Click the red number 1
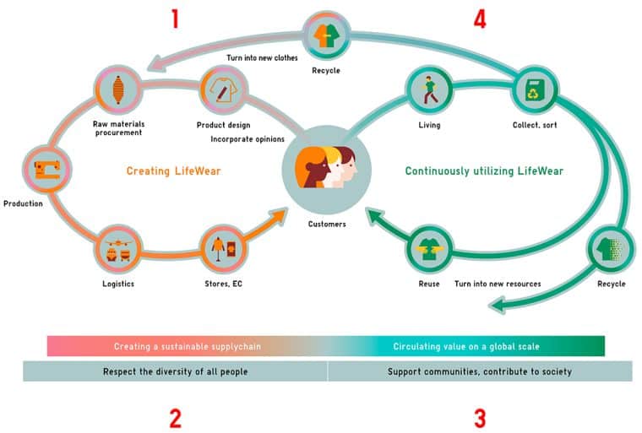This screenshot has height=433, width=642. [175, 19]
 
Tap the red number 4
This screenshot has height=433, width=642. [479, 19]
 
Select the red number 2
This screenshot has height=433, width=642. [175, 418]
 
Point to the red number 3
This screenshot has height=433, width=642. [479, 418]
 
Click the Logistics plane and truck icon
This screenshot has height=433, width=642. [117, 249]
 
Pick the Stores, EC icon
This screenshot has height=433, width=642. [222, 249]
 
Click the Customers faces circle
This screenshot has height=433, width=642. [327, 168]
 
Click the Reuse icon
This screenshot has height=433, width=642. [429, 249]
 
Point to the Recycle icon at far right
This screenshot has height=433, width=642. [611, 250]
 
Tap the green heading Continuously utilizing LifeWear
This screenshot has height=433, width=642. [483, 171]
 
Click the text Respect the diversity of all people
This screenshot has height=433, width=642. [175, 371]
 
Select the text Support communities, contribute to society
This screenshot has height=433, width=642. [479, 371]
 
